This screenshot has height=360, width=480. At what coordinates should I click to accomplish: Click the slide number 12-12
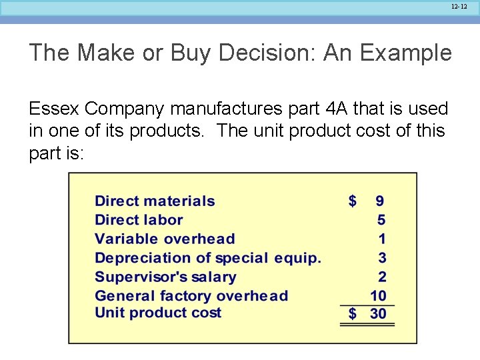(459, 6)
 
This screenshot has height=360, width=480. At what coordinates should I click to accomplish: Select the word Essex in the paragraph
(54, 108)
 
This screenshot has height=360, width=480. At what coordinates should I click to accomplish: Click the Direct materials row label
(155, 201)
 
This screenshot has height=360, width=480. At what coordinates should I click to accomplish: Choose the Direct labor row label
(139, 219)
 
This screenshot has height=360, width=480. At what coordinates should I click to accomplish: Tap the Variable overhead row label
(165, 239)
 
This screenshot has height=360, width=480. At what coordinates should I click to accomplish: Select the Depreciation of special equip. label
(208, 257)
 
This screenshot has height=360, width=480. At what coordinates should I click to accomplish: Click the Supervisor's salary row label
(165, 277)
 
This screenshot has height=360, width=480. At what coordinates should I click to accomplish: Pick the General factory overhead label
(191, 295)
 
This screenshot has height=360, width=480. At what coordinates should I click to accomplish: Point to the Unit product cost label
(158, 313)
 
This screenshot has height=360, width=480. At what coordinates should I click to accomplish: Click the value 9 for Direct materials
(380, 201)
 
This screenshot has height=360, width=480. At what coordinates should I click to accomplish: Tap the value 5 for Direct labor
(381, 219)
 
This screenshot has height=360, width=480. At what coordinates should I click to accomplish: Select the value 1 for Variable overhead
(381, 239)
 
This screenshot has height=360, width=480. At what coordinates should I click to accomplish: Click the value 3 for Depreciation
(381, 257)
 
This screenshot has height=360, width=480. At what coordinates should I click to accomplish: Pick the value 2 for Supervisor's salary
(381, 277)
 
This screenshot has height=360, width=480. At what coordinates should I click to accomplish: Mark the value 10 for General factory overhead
(378, 295)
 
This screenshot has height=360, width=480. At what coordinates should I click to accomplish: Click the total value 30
(378, 313)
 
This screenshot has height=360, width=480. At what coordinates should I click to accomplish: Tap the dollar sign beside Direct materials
(353, 201)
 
